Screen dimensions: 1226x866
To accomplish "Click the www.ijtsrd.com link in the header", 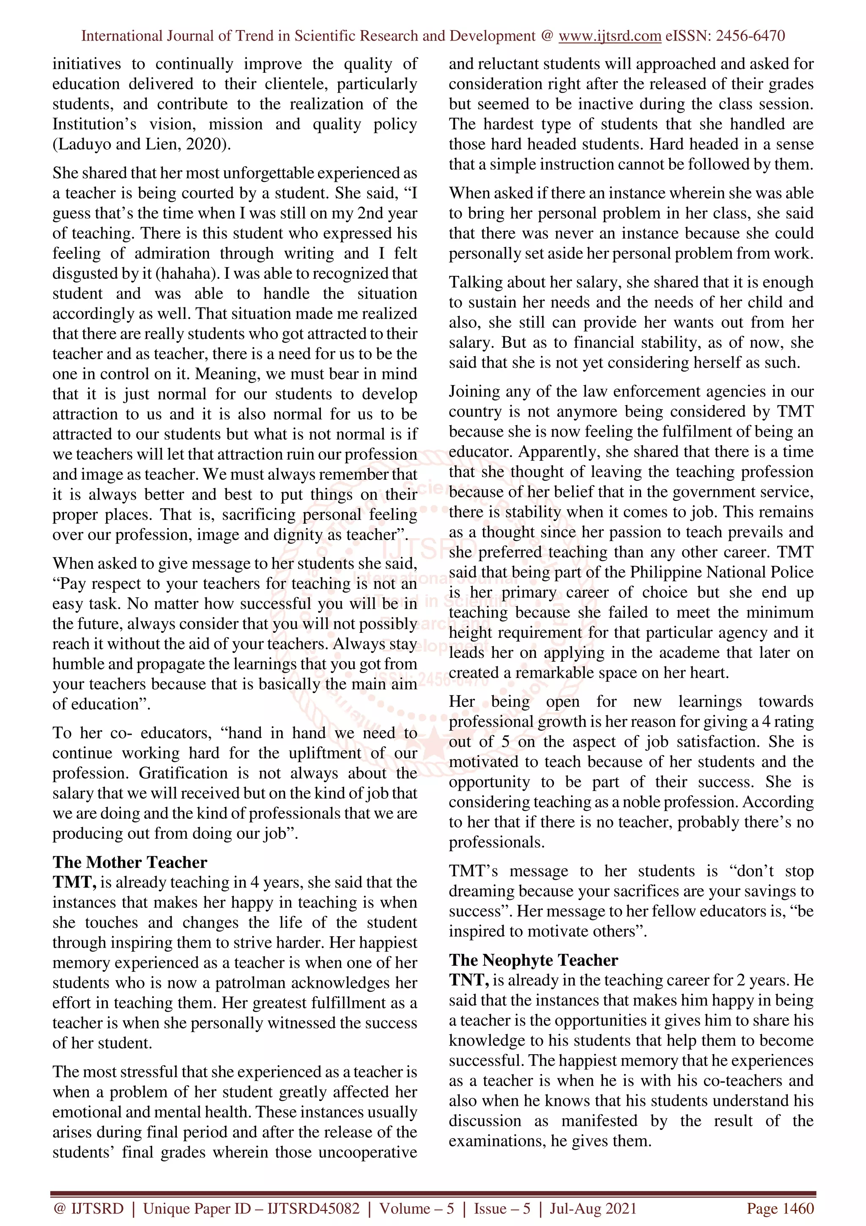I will pos(609,36).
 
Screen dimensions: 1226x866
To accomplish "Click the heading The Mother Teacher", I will pos(130,862).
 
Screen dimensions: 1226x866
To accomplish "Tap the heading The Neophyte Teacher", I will pos(533,960).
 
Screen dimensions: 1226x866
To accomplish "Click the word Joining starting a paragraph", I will pos(474,391).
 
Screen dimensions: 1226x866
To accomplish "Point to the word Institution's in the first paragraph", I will pos(94,124).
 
